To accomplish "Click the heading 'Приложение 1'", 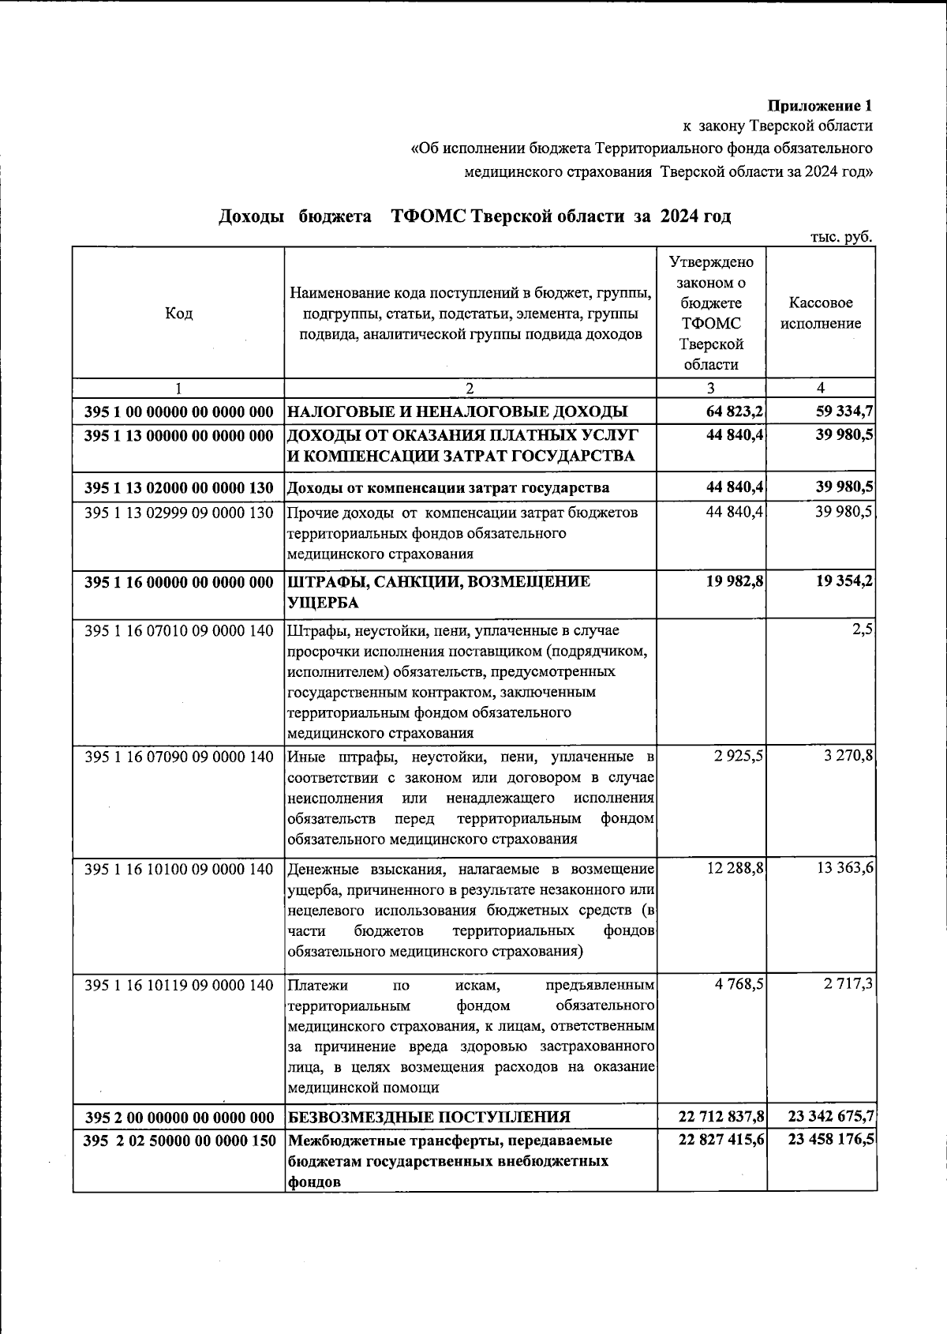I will (821, 105).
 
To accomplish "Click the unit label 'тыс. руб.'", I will (841, 237).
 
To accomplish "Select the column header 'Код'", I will (178, 314).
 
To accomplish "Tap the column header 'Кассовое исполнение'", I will (821, 314).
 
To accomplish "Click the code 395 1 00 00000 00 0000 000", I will (178, 411).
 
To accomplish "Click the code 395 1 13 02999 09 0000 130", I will (178, 513).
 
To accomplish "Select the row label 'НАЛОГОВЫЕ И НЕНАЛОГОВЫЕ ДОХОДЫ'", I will (457, 411).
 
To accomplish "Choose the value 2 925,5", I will (739, 756).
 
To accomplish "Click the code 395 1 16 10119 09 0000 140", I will (178, 985).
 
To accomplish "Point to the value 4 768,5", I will (739, 985).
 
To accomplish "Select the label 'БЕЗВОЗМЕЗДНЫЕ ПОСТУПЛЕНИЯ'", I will (429, 1117).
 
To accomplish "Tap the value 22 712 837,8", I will (721, 1117).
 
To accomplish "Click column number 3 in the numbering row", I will (711, 388).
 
